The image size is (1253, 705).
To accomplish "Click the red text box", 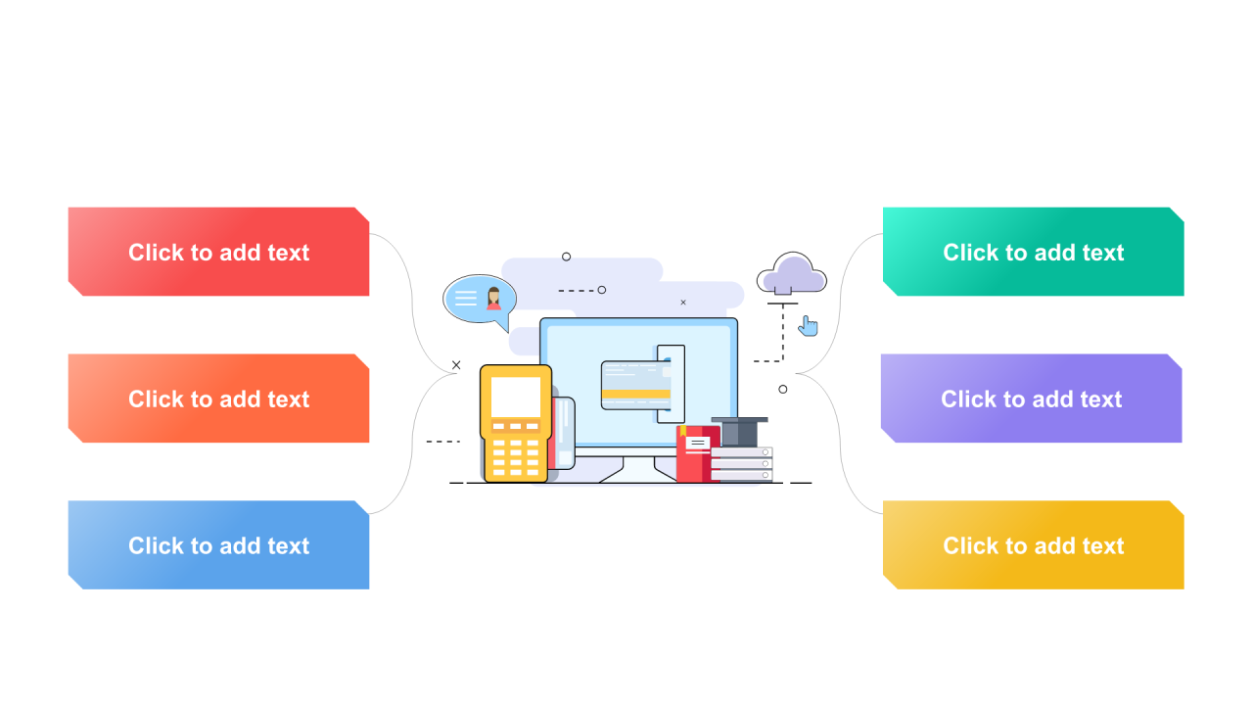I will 218,252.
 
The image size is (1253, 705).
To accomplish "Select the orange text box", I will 218,399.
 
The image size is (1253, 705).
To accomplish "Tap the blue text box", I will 218,545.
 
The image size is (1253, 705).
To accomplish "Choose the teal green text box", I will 1033,252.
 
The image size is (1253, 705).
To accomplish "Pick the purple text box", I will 1031,399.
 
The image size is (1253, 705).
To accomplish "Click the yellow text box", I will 1033,545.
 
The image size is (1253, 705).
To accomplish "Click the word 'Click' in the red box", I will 156,253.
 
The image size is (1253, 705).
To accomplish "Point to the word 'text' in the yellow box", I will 1102,546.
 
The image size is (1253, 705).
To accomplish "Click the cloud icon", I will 792,273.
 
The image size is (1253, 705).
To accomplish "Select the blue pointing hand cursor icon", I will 808,326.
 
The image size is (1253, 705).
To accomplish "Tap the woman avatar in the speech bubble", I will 493,299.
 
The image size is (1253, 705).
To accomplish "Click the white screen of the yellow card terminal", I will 515,396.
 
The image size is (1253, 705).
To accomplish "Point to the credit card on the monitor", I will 635,385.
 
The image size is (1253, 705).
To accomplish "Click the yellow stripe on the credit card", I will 635,395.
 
